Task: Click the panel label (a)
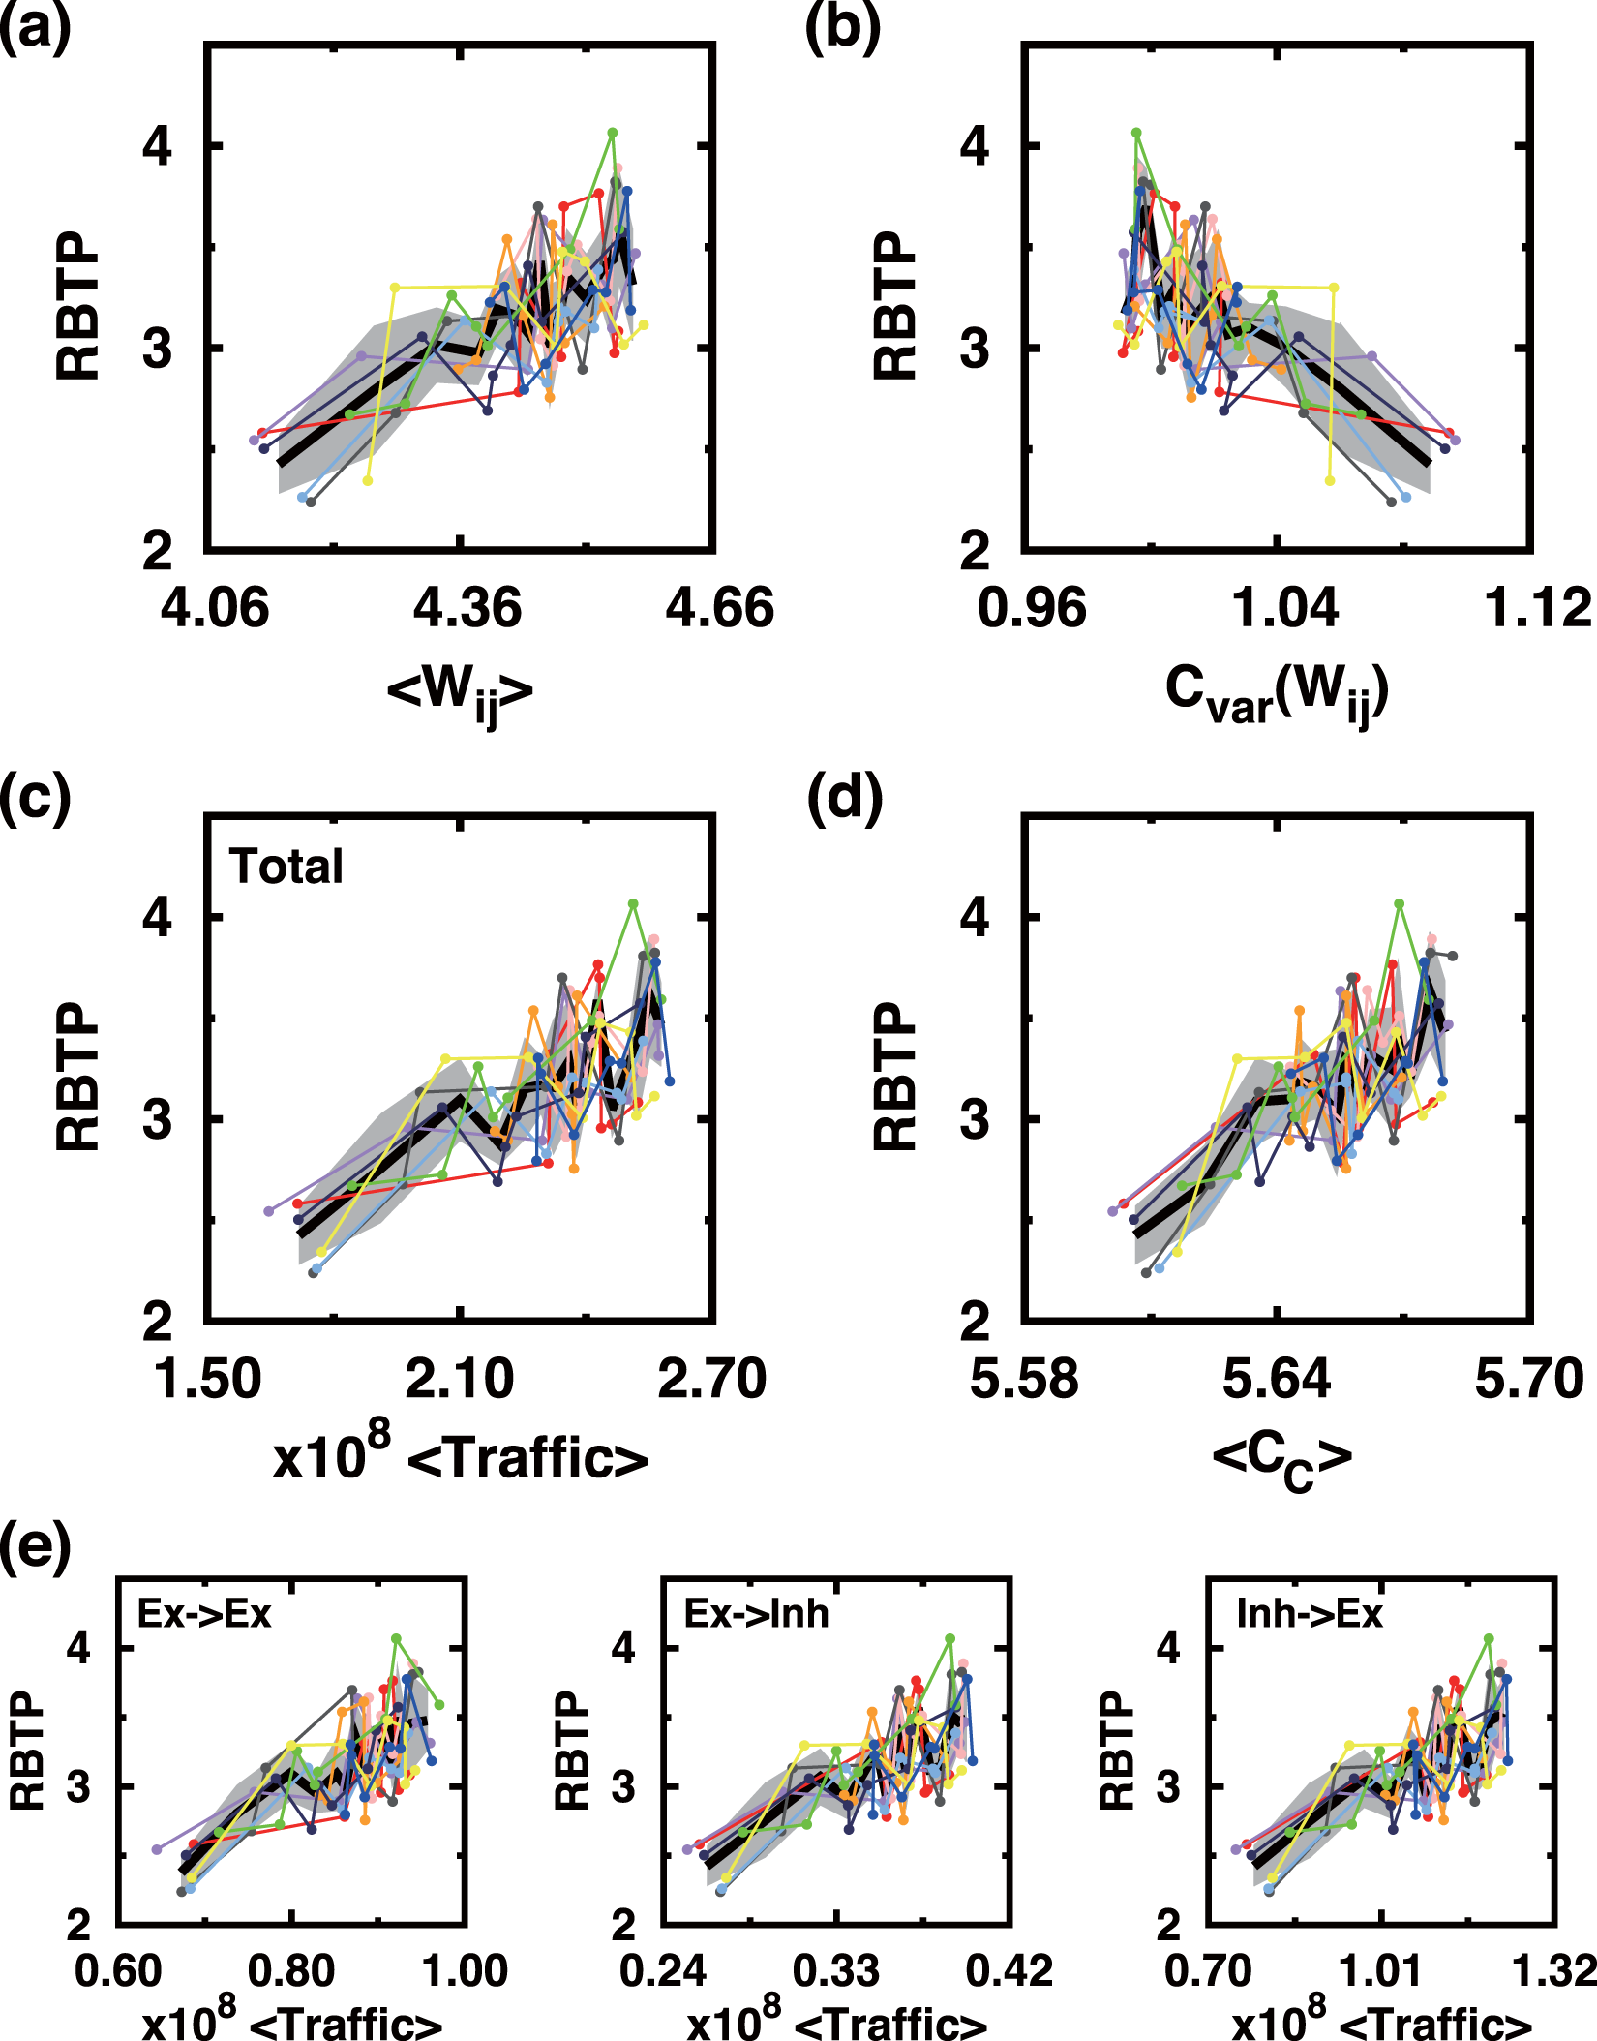tap(36, 29)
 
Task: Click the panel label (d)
tap(844, 800)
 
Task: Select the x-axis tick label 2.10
tap(459, 1379)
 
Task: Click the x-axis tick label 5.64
tap(1277, 1379)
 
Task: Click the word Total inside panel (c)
tap(286, 867)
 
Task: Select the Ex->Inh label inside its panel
tap(756, 1613)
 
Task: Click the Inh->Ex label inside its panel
tap(1310, 1613)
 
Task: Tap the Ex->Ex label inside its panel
tap(204, 1613)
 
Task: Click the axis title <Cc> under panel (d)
tap(1281, 1460)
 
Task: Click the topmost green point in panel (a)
tap(612, 133)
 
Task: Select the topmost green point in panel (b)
tap(1136, 133)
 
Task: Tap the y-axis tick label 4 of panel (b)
tap(975, 147)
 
